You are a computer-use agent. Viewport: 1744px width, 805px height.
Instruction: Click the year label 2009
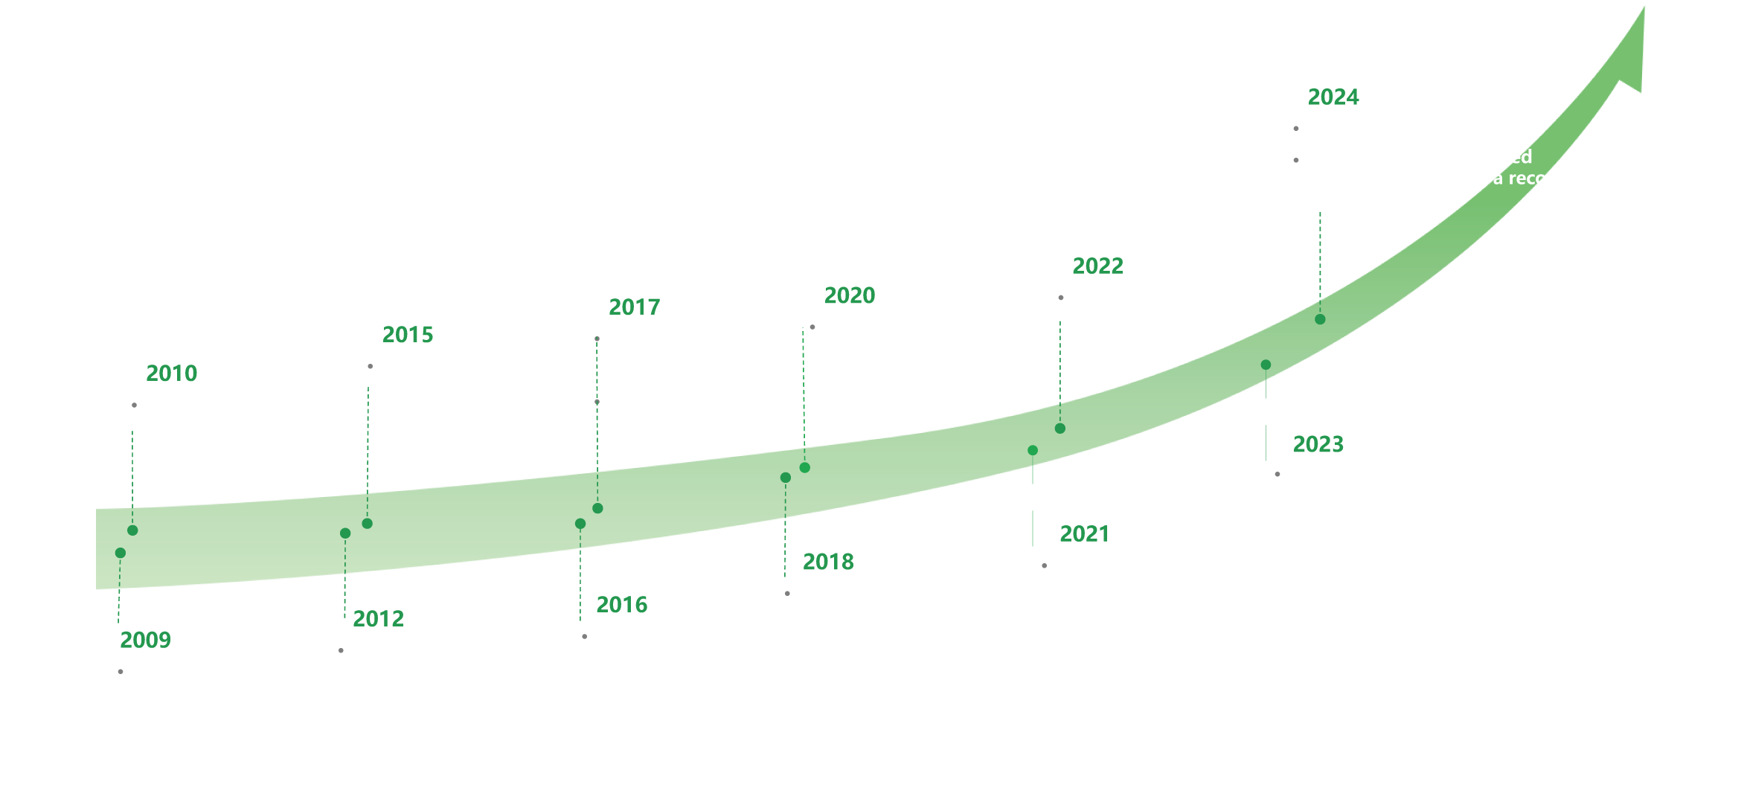(x=145, y=640)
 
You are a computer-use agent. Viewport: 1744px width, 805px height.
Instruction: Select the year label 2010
(x=172, y=373)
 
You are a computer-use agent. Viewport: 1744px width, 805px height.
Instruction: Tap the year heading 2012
(x=378, y=619)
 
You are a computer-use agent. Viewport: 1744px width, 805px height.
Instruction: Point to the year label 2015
(x=408, y=335)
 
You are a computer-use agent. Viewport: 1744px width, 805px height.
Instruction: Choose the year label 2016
(x=622, y=605)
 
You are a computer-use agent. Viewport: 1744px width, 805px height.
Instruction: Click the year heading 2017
(x=635, y=307)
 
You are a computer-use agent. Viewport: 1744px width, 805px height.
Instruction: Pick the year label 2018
(x=828, y=562)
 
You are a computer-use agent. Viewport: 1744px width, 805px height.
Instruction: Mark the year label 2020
(x=850, y=295)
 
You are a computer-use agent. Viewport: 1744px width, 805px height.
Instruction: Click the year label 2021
(x=1084, y=534)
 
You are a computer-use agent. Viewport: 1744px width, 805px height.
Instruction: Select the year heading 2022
(x=1097, y=266)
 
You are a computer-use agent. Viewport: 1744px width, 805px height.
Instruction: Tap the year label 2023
(x=1318, y=444)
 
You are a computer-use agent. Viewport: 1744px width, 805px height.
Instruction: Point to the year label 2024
(x=1333, y=97)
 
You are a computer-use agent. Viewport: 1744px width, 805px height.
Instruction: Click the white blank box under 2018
(x=921, y=638)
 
